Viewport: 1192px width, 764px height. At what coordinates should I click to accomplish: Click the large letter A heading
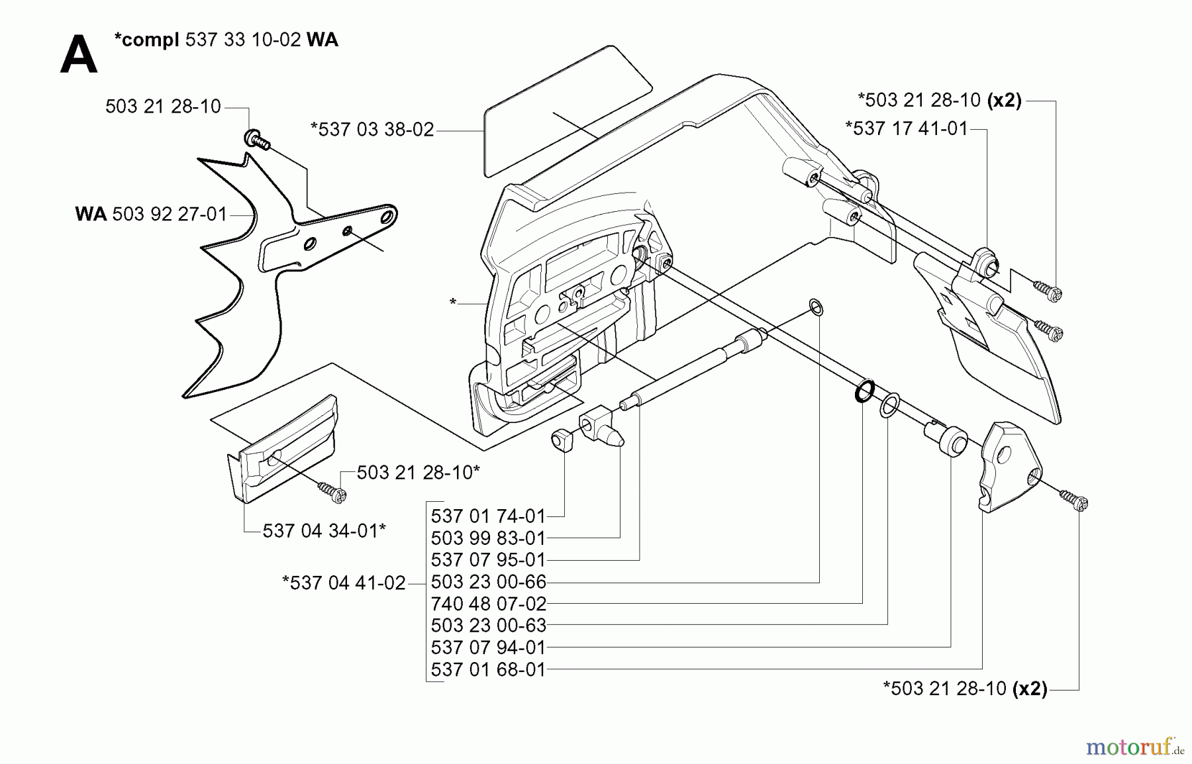coord(78,56)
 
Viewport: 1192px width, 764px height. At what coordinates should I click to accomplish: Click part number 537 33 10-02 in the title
coord(242,40)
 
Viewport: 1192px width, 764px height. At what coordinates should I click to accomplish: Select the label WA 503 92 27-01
coord(151,215)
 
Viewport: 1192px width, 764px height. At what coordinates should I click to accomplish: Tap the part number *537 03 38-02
coord(372,130)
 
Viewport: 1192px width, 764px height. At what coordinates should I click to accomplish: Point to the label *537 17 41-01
coord(907,128)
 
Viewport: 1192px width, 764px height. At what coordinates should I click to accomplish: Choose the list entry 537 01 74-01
coord(488,516)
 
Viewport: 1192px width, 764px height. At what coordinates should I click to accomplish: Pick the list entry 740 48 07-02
coord(488,604)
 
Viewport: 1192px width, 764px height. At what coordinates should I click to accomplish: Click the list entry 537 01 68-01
coord(488,669)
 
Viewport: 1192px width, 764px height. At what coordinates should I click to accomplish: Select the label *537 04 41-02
coord(344,583)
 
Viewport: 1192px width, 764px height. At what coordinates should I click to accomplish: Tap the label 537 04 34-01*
coord(324,531)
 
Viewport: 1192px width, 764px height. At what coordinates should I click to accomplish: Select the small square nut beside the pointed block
coord(562,440)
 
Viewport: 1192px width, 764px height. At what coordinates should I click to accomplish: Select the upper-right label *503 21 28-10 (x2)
coord(939,101)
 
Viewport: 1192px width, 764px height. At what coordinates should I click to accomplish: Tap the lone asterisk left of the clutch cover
coord(453,303)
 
